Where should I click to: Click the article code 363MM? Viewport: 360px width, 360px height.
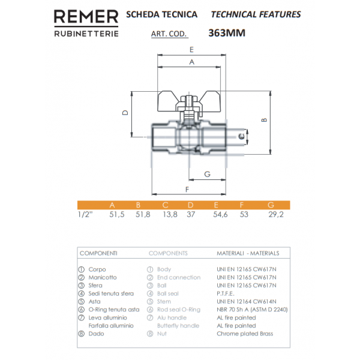226,34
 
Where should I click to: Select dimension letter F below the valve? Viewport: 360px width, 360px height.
188,189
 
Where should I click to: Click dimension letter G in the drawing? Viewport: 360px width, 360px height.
207,174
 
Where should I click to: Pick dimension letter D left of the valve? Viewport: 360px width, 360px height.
125,112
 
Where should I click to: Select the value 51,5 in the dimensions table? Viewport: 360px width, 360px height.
116,214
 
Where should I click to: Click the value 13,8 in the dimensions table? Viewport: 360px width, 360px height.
170,214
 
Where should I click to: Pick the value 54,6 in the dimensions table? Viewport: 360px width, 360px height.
221,214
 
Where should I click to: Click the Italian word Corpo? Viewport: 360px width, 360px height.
97,269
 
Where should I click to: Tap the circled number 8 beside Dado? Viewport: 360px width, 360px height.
82,333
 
